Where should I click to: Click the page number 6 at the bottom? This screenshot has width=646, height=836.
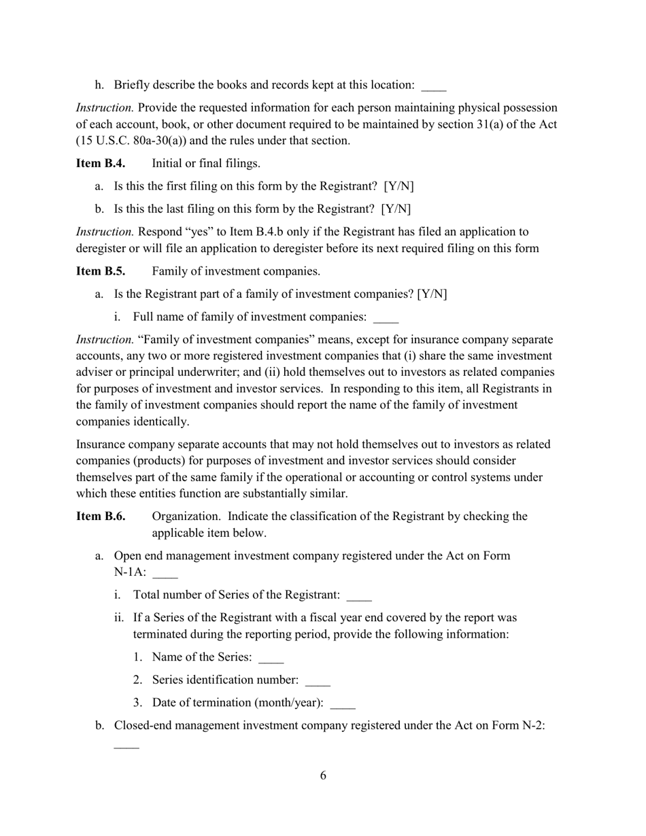323,776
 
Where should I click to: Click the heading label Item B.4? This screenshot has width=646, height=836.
100,164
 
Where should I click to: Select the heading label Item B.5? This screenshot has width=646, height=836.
100,271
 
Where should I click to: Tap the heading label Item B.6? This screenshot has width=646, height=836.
100,517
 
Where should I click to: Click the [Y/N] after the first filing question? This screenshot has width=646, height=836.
398,186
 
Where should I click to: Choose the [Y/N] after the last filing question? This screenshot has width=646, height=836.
396,209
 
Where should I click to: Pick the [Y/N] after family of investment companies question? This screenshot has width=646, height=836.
432,294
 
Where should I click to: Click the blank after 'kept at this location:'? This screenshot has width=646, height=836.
434,87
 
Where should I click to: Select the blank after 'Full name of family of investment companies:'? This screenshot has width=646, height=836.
386,319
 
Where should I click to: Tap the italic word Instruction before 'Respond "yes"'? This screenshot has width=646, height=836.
105,232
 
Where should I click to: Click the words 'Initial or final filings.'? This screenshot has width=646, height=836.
206,164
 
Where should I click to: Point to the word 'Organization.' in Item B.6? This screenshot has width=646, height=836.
187,517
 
